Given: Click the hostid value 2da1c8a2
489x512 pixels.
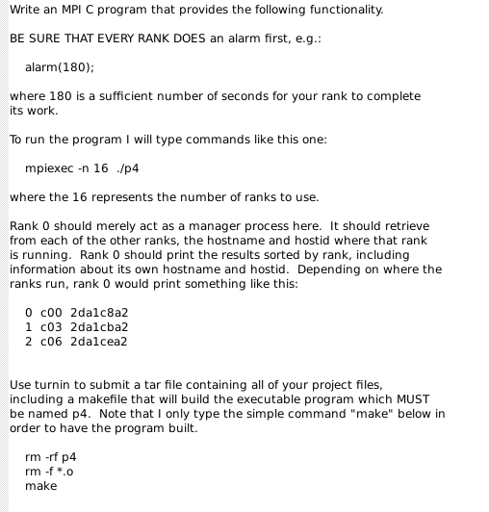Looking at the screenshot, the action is [x=99, y=313].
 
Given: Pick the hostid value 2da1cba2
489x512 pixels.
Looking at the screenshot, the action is [x=99, y=327].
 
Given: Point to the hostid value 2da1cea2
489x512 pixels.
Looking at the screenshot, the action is [x=99, y=342].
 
